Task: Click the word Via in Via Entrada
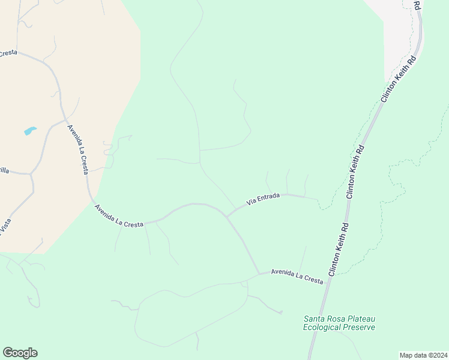(x=252, y=202)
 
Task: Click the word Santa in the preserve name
(x=315, y=319)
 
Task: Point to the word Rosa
(x=337, y=319)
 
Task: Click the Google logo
(x=20, y=353)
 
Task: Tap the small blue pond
(x=30, y=130)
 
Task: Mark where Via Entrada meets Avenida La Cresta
(x=226, y=217)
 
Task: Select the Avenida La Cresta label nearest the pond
(x=78, y=149)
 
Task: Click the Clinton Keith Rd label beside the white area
(x=397, y=78)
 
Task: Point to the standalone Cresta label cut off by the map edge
(x=8, y=53)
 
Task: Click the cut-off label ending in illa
(x=4, y=170)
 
